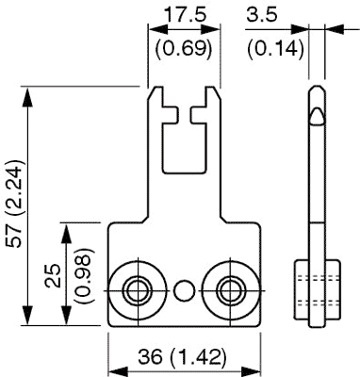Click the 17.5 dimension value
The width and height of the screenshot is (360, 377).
coord(185,14)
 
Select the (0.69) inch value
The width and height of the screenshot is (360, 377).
coord(184,49)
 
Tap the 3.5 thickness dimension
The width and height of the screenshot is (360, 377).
coord(262,14)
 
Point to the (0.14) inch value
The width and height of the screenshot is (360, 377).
coord(275,49)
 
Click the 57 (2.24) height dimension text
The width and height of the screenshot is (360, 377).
coord(15,204)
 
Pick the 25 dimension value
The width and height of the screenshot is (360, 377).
coord(53,275)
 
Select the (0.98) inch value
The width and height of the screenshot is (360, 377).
coord(84,275)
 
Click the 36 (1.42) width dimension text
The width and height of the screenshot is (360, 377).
coord(182,357)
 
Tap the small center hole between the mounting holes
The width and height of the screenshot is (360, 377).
coord(185,290)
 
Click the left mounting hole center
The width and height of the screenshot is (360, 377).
coord(139,290)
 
